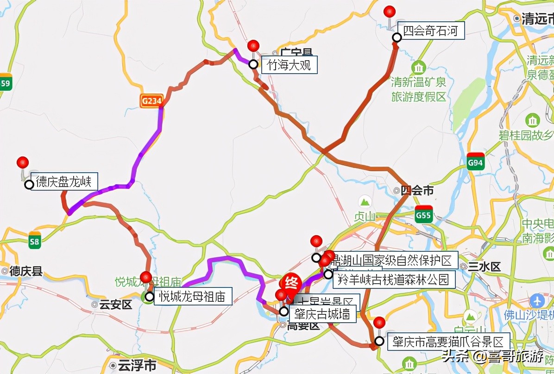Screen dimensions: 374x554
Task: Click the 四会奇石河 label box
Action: tap(431, 31)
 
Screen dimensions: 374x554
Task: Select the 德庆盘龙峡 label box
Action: tap(64, 182)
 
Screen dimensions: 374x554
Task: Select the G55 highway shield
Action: tap(423, 214)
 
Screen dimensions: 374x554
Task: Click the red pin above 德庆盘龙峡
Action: tap(22, 163)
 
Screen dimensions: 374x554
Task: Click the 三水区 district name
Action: tap(487, 267)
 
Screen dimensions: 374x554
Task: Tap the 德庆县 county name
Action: tap(25, 271)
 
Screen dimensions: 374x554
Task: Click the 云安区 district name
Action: tap(115, 305)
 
